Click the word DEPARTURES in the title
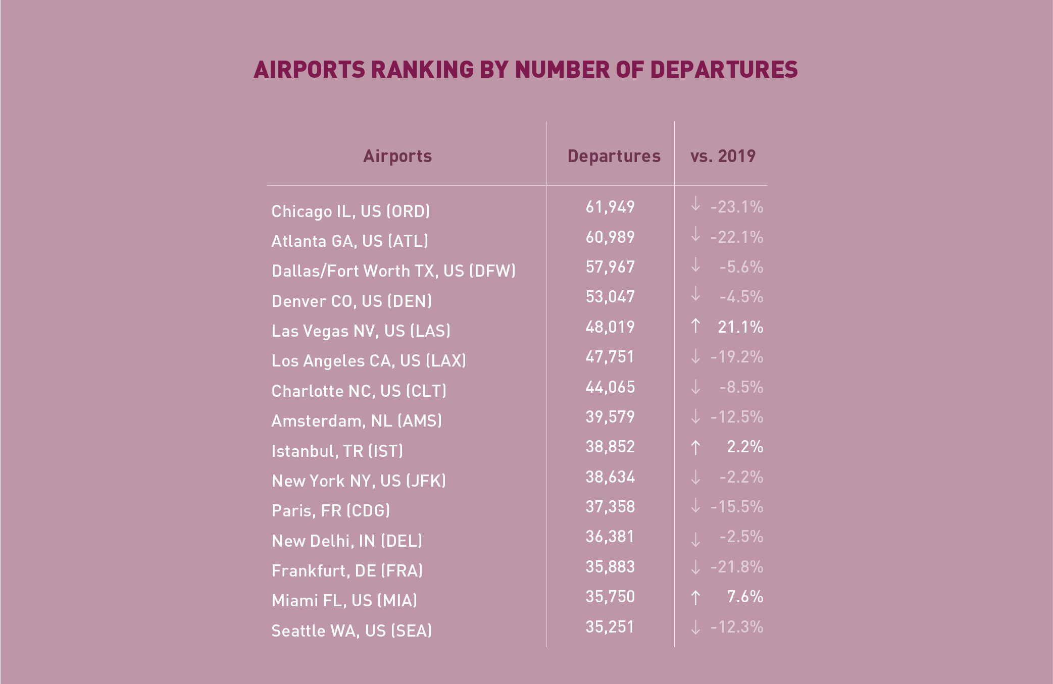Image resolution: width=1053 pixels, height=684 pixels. (x=724, y=70)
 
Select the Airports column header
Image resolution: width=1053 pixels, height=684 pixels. (x=397, y=156)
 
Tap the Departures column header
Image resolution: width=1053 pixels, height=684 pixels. (x=614, y=156)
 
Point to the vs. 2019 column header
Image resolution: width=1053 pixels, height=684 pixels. (x=723, y=156)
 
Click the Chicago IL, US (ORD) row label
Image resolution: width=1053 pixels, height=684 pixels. (x=350, y=211)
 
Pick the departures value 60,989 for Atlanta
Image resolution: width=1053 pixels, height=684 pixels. (x=610, y=237)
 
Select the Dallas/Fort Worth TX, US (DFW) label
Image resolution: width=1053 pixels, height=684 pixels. (x=393, y=271)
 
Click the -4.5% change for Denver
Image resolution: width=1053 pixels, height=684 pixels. (x=741, y=297)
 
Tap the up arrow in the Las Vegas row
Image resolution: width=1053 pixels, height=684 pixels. (x=695, y=326)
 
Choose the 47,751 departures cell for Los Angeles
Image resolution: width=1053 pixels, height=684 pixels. (x=610, y=357)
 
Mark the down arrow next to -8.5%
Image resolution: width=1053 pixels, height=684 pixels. (x=695, y=387)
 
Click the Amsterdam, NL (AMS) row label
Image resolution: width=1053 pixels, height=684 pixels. (x=357, y=421)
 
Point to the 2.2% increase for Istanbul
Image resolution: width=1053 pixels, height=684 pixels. (x=744, y=447)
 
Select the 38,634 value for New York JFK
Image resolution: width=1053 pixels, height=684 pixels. (x=610, y=477)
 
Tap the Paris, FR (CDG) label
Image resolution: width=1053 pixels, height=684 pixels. (x=331, y=511)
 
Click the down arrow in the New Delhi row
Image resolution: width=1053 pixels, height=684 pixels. (x=695, y=539)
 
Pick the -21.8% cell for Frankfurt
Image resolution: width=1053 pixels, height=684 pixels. (x=736, y=567)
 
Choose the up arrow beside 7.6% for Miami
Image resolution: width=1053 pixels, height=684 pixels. (x=695, y=598)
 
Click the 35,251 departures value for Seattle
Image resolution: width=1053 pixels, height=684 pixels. (x=610, y=627)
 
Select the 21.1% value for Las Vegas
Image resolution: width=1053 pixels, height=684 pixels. (x=740, y=327)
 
